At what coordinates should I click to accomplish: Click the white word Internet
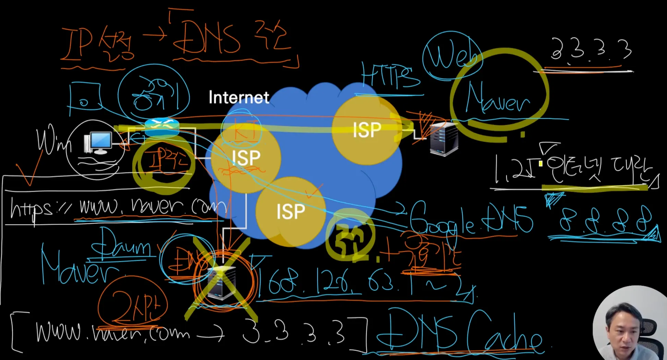(239, 97)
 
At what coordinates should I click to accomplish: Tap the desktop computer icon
(98, 143)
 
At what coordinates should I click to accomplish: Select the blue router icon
(162, 127)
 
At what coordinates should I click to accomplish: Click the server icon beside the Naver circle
(444, 139)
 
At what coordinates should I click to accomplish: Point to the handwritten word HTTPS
(390, 75)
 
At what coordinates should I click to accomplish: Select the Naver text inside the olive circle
(497, 99)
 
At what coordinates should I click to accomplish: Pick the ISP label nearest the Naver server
(367, 130)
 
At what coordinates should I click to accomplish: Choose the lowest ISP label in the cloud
(291, 211)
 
